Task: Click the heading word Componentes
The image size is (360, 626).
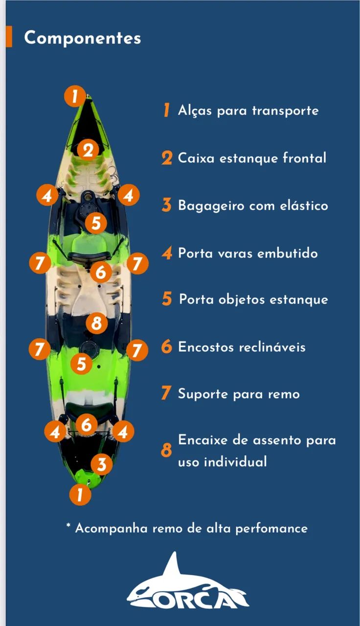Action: tap(83, 38)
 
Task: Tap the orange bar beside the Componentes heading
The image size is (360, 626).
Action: tap(9, 37)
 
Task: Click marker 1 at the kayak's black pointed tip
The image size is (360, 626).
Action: tap(75, 96)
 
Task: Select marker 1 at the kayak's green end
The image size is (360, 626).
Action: tap(80, 494)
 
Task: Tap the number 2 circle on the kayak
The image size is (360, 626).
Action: tap(88, 150)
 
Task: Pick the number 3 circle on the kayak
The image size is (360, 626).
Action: tap(101, 464)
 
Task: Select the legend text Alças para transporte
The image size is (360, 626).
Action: tap(248, 110)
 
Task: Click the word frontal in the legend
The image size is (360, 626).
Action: tap(304, 158)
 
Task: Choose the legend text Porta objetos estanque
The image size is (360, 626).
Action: tap(253, 299)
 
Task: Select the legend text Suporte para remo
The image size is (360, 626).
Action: tap(239, 394)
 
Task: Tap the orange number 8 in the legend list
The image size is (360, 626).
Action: tap(167, 450)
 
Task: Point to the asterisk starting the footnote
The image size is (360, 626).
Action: tap(68, 526)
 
